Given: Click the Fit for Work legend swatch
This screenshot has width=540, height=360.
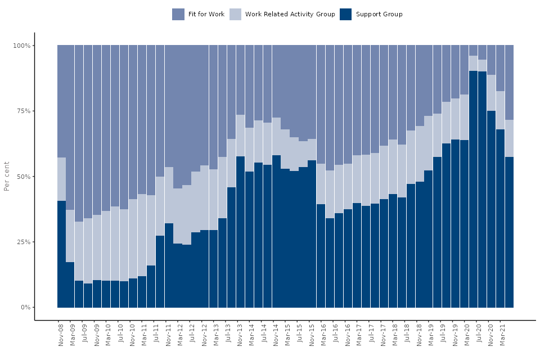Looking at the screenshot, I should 178,15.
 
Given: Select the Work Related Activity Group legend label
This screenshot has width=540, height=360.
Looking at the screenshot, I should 290,15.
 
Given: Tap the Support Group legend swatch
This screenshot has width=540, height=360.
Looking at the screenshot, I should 346,15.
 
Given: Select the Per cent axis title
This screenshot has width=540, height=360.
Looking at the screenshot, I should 7,176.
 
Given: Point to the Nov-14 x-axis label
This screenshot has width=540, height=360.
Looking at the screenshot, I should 276,335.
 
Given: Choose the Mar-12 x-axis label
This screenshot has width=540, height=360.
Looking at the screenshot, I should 181,335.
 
